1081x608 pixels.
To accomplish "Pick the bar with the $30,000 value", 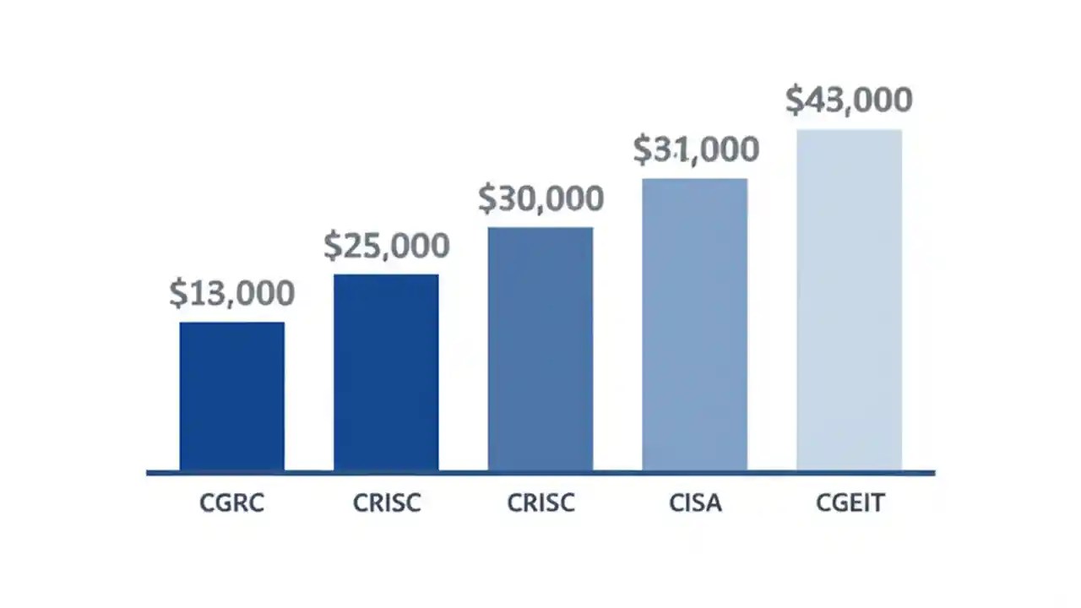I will [x=540, y=348].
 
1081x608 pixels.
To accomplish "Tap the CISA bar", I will [x=694, y=323].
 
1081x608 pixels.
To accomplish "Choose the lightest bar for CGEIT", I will [x=849, y=299].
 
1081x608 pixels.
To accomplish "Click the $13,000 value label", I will [x=231, y=294].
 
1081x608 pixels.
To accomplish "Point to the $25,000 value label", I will [x=386, y=246].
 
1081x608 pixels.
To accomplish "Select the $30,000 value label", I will [x=540, y=198].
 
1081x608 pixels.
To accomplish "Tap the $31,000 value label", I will [x=696, y=150].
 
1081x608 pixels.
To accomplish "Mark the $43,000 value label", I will [x=849, y=100].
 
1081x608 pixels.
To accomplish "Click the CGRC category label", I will [x=231, y=504].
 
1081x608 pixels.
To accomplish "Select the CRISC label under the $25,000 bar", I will [x=386, y=504].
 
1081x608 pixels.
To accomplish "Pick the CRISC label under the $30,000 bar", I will [x=540, y=504].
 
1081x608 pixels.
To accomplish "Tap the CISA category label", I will [x=695, y=504].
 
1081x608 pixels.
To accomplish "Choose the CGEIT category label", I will [x=850, y=504].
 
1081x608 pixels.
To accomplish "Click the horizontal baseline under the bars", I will [x=540, y=473].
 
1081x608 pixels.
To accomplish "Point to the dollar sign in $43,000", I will [x=795, y=100].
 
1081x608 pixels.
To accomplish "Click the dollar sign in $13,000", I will [x=177, y=294].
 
